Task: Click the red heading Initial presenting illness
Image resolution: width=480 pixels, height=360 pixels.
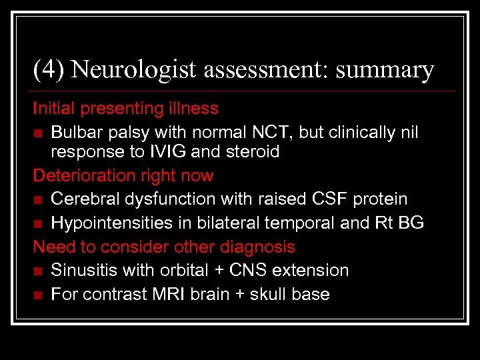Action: [125, 108]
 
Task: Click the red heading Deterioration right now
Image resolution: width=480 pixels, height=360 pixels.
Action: [123, 176]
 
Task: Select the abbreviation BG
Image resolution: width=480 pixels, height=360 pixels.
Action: [410, 223]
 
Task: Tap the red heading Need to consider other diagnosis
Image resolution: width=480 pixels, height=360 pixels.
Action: [164, 247]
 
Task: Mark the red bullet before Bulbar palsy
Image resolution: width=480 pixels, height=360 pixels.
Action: [38, 133]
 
